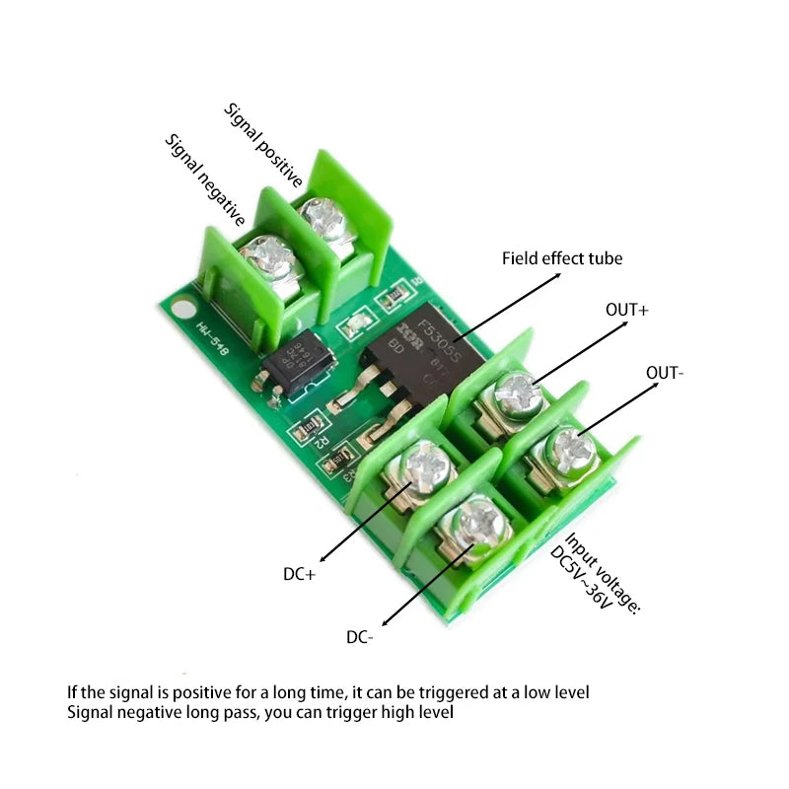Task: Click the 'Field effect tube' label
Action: (x=562, y=258)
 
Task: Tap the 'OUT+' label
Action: (x=626, y=310)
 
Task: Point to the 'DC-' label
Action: (x=360, y=637)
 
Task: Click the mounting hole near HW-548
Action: (x=180, y=310)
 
